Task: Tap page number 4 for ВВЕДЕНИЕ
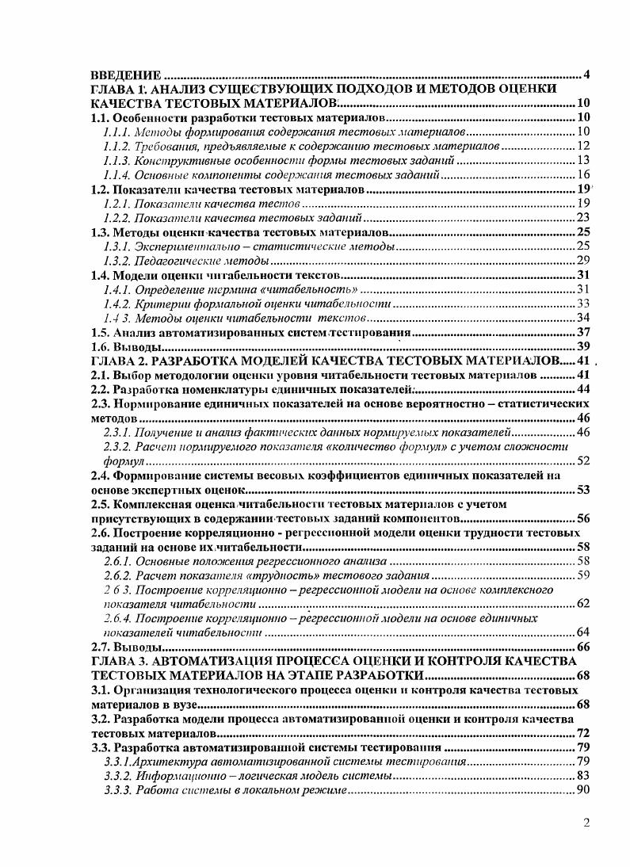586,75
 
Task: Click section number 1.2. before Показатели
100,190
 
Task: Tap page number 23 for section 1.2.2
583,218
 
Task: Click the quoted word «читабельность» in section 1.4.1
291,289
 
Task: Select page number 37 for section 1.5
583,333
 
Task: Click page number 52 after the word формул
583,460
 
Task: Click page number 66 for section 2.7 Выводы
583,647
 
